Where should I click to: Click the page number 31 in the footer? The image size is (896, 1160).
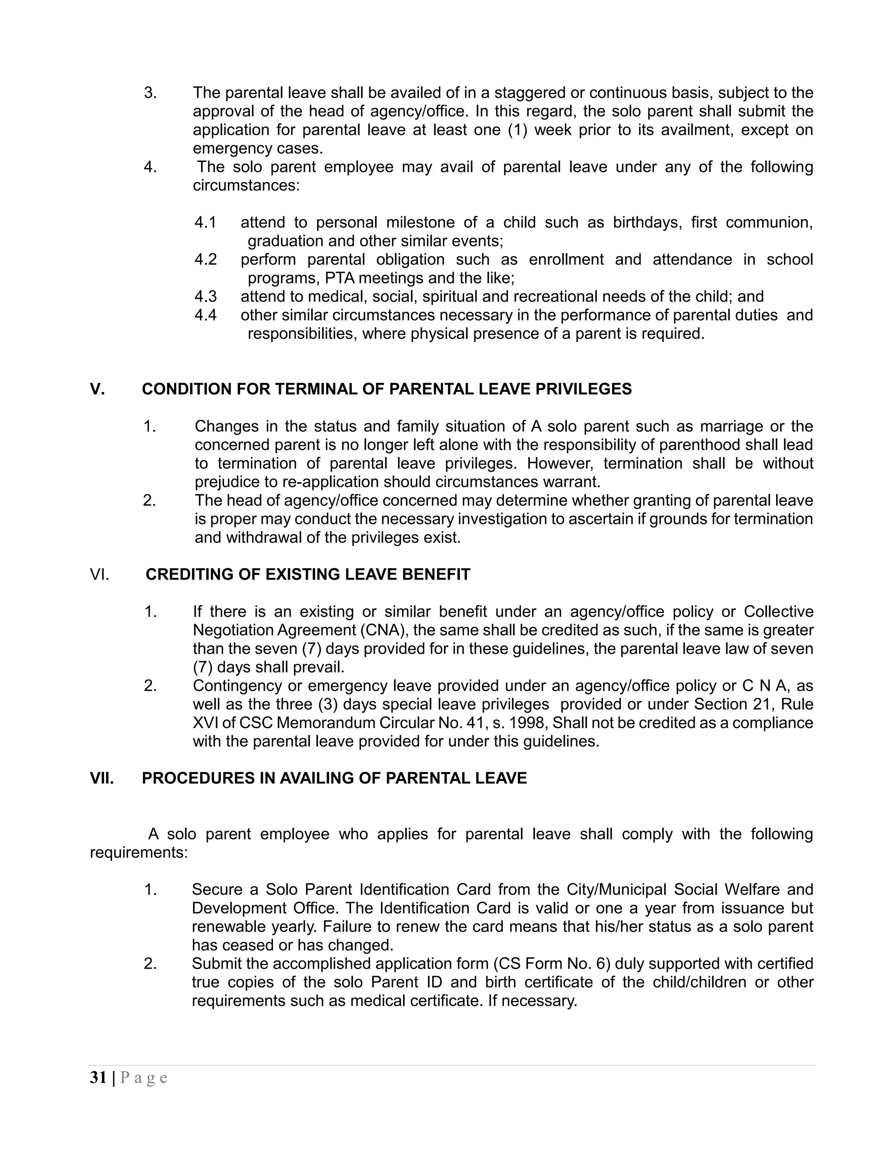tap(98, 1078)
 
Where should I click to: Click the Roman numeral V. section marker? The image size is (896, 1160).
tap(97, 389)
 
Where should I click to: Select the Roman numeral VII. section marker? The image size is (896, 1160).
tap(102, 778)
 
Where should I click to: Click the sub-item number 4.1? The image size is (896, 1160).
tap(206, 222)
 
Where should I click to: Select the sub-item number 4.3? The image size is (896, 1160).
tap(206, 296)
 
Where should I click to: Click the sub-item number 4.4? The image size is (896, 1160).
tap(206, 315)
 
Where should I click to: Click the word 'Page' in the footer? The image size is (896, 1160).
tap(144, 1078)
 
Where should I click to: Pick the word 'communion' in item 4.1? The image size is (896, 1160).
tap(768, 222)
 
